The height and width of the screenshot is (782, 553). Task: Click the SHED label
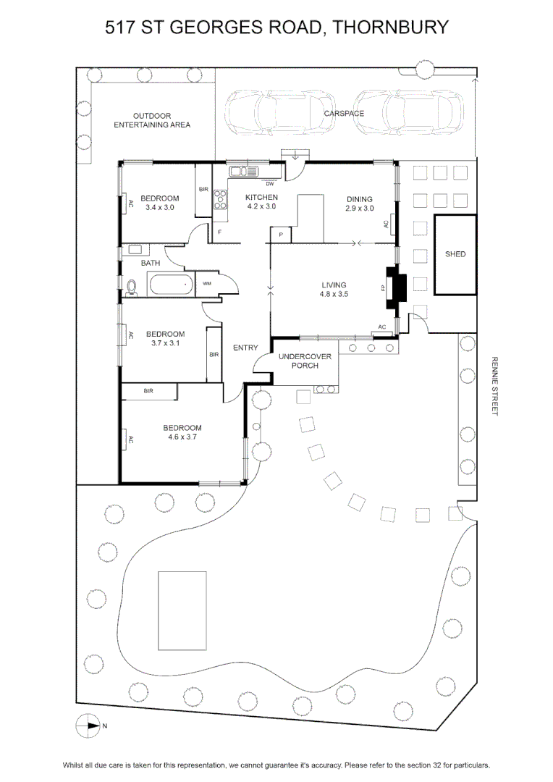point(455,254)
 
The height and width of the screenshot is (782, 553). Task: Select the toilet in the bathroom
point(132,287)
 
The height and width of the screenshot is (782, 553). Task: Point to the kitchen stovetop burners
point(220,200)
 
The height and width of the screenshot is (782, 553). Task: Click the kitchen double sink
point(243,172)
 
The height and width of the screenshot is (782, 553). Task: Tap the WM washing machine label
point(207,283)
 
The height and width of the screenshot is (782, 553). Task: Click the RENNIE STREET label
point(494,385)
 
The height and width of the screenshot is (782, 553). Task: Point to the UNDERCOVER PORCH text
point(305,361)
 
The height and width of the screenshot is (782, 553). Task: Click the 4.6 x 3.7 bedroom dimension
point(182,437)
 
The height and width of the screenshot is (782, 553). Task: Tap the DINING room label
point(360,199)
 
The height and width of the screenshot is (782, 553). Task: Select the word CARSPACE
point(344,113)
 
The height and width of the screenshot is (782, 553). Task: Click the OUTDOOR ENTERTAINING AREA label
point(152,120)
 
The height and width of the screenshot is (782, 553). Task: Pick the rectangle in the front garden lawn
point(182,611)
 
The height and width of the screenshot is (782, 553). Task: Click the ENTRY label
point(245,348)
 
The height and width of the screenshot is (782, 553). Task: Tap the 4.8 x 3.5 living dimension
point(334,294)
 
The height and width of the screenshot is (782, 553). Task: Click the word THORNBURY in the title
point(390,27)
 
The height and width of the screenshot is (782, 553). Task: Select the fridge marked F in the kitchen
point(219,232)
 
